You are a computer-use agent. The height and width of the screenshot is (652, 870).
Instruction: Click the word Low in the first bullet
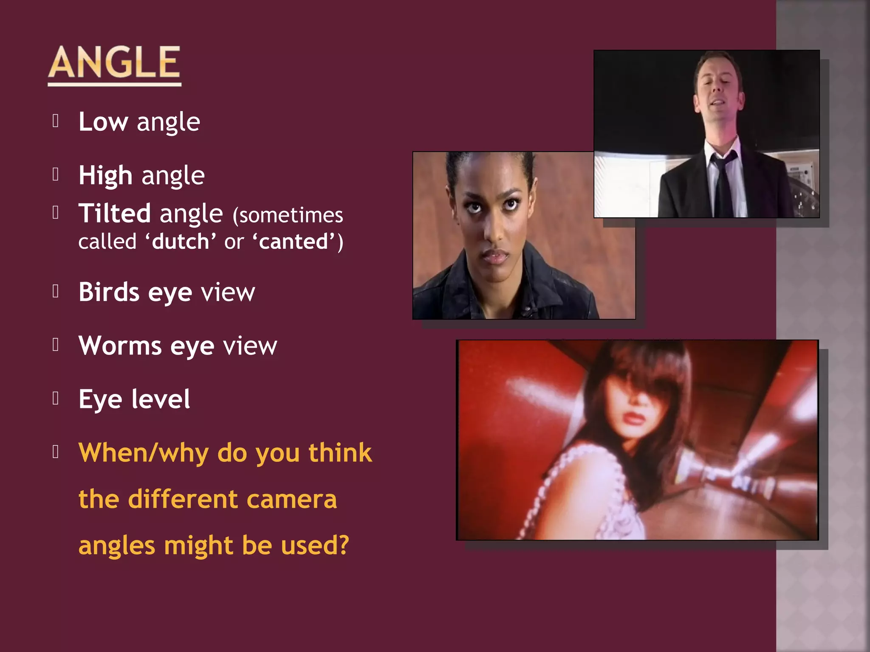[103, 122]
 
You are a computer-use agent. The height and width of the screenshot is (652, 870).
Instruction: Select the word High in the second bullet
[105, 176]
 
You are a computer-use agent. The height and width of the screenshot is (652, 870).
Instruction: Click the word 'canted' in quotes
[294, 242]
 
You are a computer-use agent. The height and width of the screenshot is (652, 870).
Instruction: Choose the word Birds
[109, 292]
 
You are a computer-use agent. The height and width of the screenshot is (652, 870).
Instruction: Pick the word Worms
[120, 346]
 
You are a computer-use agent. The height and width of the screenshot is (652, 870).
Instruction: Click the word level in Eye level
[161, 399]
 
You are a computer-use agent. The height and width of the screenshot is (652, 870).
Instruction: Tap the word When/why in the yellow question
[144, 453]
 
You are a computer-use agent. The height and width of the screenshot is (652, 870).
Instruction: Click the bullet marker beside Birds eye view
[55, 291]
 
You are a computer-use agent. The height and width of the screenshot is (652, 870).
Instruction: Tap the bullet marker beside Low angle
[55, 121]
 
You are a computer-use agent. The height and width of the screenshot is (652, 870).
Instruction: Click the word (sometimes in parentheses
[288, 215]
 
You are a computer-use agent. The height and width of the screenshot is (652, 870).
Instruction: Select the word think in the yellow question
[340, 453]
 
